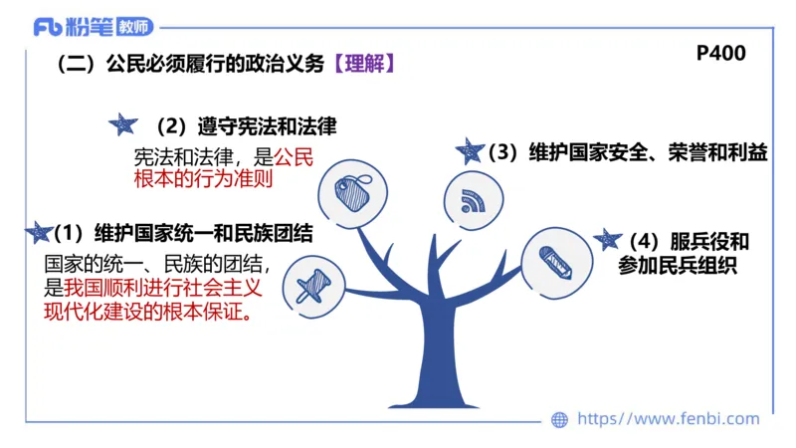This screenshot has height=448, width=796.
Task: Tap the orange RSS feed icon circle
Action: click(471, 198)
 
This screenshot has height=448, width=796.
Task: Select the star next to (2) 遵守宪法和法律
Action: click(121, 125)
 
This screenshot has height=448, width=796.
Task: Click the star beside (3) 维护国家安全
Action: click(469, 151)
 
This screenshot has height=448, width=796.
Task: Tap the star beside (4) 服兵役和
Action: click(606, 240)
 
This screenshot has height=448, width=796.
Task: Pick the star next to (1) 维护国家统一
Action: click(39, 233)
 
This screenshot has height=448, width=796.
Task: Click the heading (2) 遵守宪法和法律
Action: click(246, 127)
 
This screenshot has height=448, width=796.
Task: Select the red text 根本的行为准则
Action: click(202, 180)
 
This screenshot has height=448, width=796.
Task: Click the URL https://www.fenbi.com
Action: click(668, 419)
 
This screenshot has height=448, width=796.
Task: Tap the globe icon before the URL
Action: click(560, 420)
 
